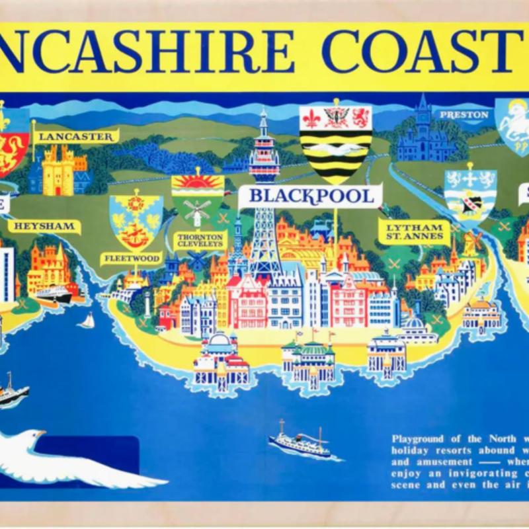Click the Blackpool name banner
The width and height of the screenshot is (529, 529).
[310, 196]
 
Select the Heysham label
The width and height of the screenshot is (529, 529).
[44, 226]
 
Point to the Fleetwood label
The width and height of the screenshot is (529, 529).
[131, 258]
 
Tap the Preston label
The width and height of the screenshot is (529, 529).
[464, 114]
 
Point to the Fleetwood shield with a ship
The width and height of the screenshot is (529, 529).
[136, 222]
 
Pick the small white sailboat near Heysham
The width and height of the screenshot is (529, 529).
[87, 321]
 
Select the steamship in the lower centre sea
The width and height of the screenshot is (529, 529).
[300, 443]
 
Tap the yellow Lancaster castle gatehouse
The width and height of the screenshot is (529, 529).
[58, 171]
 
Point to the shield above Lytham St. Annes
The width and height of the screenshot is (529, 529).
[469, 195]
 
